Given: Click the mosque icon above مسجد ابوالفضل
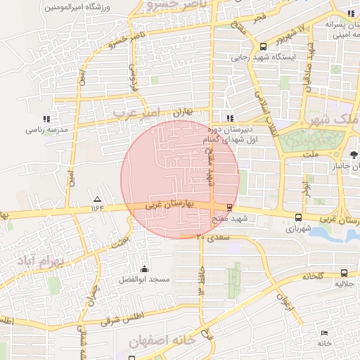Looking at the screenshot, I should (145, 268).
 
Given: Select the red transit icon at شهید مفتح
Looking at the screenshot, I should (230, 207).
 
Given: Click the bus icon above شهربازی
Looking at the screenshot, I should (300, 218).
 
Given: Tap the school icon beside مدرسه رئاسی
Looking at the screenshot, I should (46, 119).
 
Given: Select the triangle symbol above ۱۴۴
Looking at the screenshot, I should (97, 199).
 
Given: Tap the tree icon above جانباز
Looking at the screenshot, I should (353, 153).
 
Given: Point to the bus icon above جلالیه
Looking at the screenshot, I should (344, 273).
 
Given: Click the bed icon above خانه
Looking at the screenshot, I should (324, 333).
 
